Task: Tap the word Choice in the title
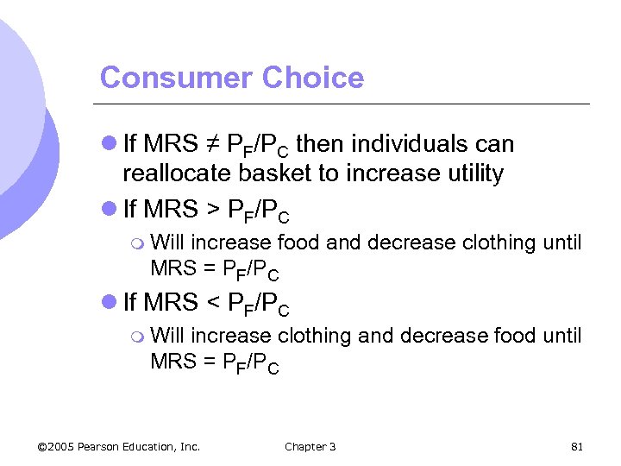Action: pos(313,78)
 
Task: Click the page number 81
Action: pos(578,446)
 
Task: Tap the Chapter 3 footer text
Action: pos(310,446)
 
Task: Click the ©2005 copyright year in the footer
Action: pos(56,446)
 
